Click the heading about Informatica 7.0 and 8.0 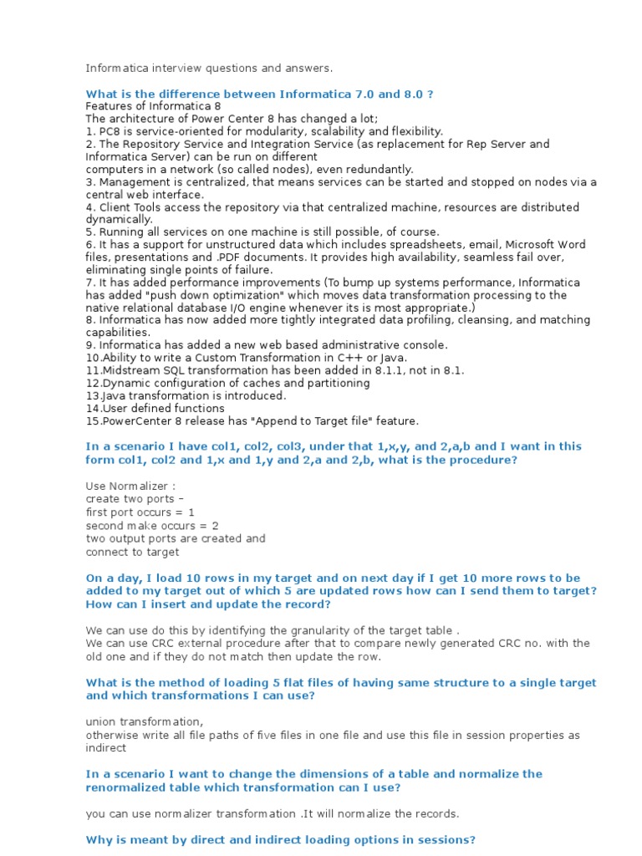(259, 94)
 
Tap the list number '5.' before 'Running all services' (90, 232)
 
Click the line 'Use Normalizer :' (131, 486)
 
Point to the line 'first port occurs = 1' (140, 512)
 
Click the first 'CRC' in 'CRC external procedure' (165, 643)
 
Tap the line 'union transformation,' (144, 721)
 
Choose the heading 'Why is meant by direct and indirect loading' (281, 839)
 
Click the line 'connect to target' (132, 552)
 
